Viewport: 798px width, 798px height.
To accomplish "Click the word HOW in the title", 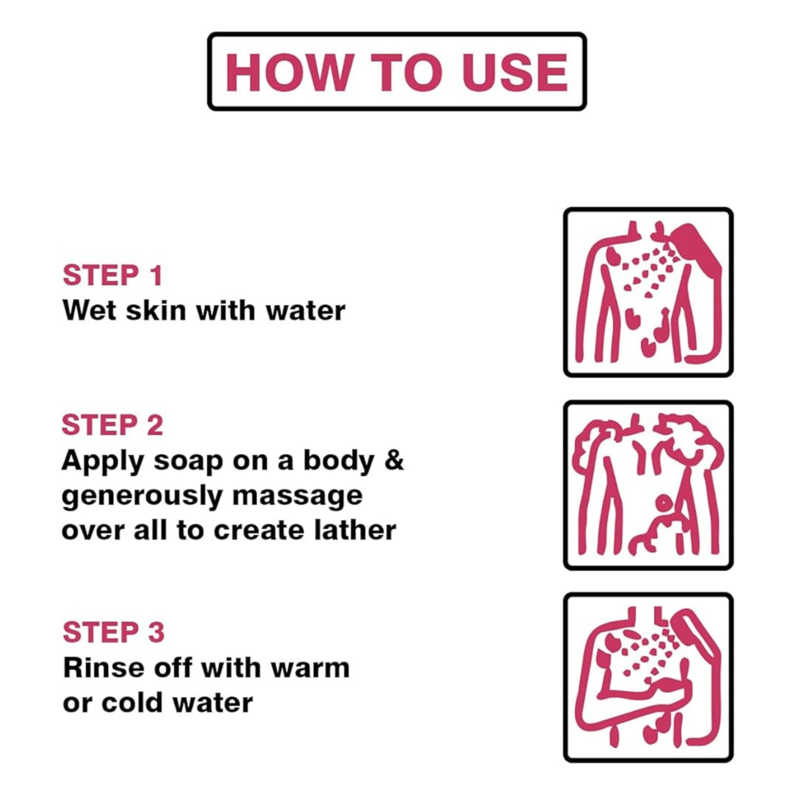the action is click(x=288, y=72).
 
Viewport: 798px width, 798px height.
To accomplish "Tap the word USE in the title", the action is click(x=515, y=72).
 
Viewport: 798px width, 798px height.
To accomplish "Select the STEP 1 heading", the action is click(x=113, y=275).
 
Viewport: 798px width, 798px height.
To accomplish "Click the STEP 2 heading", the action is click(x=113, y=425).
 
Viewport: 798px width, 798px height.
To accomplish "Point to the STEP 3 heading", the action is click(x=114, y=632).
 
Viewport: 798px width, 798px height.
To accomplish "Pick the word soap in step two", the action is click(x=188, y=462).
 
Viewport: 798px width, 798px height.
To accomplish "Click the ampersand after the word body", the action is click(x=394, y=460).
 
